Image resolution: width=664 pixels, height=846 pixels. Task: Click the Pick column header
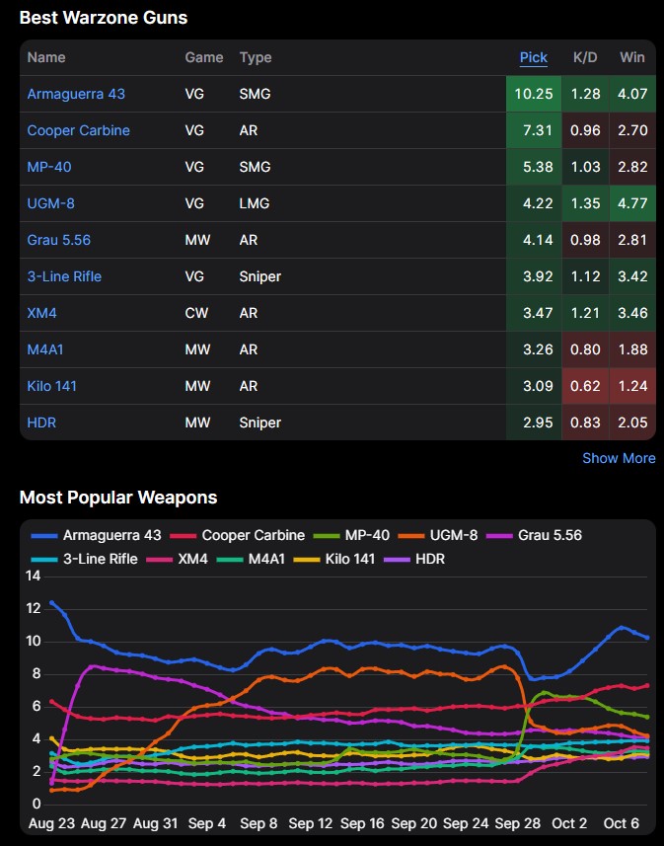click(x=534, y=57)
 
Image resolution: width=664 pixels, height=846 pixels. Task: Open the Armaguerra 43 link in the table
click(x=76, y=94)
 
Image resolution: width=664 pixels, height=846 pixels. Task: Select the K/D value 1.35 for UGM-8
click(x=585, y=203)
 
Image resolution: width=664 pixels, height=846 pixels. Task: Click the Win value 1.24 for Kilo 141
click(x=632, y=386)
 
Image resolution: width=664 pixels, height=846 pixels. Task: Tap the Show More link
click(x=619, y=458)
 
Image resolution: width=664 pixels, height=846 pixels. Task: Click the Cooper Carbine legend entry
click(x=238, y=535)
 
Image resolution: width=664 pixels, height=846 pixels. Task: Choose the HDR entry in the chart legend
click(x=414, y=559)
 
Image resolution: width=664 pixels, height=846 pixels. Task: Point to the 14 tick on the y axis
click(x=34, y=576)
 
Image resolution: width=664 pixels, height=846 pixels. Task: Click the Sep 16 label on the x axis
click(x=362, y=823)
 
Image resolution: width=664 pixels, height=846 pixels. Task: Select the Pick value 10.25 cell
click(x=534, y=94)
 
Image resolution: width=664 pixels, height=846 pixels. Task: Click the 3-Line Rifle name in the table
click(x=64, y=276)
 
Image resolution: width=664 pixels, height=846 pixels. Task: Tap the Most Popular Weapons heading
click(x=118, y=497)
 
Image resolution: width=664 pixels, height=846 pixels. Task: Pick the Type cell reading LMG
click(x=255, y=203)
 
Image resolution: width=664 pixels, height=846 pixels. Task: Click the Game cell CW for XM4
click(x=196, y=313)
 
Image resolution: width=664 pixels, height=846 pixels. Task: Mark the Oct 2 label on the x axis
click(x=569, y=823)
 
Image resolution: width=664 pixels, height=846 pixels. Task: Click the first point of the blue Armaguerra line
click(x=51, y=602)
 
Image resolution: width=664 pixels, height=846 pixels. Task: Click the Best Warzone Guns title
click(x=104, y=18)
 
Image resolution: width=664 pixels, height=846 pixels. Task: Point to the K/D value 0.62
click(x=585, y=386)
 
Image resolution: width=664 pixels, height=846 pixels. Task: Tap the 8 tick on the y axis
click(x=37, y=673)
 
